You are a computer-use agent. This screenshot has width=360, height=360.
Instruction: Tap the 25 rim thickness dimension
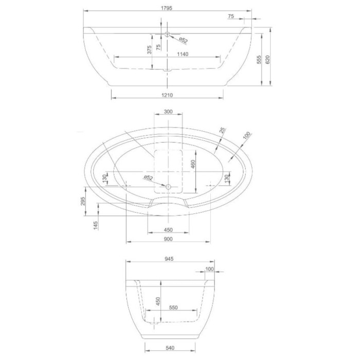point(223,132)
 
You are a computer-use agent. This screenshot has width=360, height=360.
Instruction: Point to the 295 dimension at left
point(82,202)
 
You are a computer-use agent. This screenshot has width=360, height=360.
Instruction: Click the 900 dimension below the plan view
point(168,240)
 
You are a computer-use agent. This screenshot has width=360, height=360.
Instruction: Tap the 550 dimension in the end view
point(173,308)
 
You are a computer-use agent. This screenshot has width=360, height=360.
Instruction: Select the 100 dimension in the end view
point(209,268)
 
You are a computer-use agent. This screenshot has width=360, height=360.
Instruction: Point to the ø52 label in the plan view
point(149,178)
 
